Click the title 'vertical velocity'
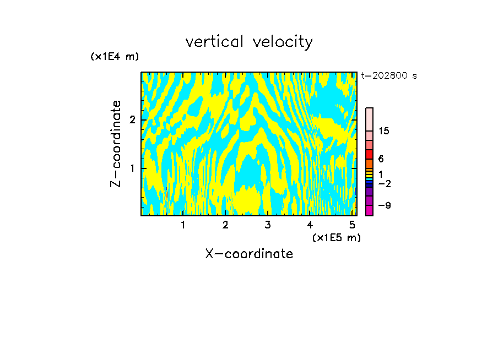coord(249,42)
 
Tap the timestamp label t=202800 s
coord(388,76)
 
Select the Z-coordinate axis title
coord(116,144)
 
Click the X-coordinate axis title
coord(249,254)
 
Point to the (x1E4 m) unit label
coord(115,57)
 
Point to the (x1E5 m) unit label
coord(336,237)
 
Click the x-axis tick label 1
coord(183,225)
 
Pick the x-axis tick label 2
coord(225,225)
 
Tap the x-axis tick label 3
coord(268,225)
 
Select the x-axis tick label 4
coord(310,225)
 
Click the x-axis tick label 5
coord(351,225)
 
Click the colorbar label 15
coord(384,131)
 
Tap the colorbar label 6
coord(381,159)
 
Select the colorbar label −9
coord(384,205)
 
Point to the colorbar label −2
coord(384,183)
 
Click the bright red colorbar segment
coord(369,154)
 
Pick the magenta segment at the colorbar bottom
coord(369,210)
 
